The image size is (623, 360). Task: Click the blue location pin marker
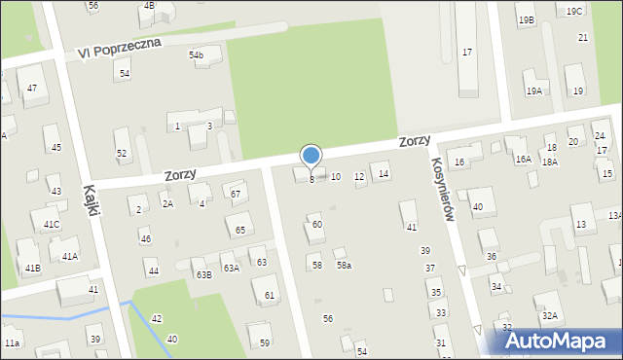tap(311, 156)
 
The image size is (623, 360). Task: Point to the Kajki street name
tap(93, 200)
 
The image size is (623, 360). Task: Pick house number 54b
tap(197, 55)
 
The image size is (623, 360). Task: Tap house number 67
tap(235, 195)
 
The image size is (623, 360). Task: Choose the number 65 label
tap(239, 231)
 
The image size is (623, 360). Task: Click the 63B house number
tap(203, 275)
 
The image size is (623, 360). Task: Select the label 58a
tap(344, 266)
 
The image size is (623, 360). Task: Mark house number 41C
tap(51, 225)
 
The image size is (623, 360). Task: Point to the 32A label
tap(550, 316)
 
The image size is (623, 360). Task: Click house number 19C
tap(574, 12)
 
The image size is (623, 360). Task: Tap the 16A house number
tap(524, 159)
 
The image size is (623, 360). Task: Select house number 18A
tap(550, 162)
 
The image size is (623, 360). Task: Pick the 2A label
tap(167, 204)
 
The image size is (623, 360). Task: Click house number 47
tap(32, 89)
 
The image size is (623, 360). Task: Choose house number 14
tap(384, 174)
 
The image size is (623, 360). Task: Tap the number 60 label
tap(316, 225)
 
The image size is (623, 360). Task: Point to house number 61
tap(270, 295)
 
